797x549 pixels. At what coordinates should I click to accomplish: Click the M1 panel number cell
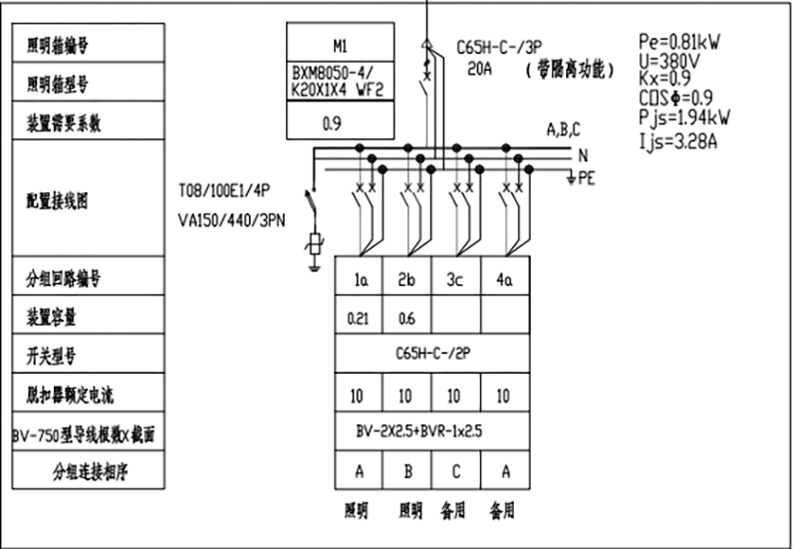coord(341,45)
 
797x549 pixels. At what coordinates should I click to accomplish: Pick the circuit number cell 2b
coord(405,280)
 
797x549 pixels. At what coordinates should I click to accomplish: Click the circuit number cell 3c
coord(455,280)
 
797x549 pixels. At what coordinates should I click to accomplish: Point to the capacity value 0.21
coord(358,318)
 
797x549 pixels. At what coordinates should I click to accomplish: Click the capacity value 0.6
coord(405,318)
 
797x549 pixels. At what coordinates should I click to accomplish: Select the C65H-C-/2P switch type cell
coord(430,354)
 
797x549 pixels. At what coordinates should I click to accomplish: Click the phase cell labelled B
coord(405,469)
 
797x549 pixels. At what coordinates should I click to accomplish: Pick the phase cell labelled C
coord(455,469)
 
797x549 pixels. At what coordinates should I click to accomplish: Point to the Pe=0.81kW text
coord(679,42)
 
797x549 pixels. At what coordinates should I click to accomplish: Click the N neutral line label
coord(584,155)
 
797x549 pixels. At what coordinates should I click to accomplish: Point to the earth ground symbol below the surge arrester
coord(315,265)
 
